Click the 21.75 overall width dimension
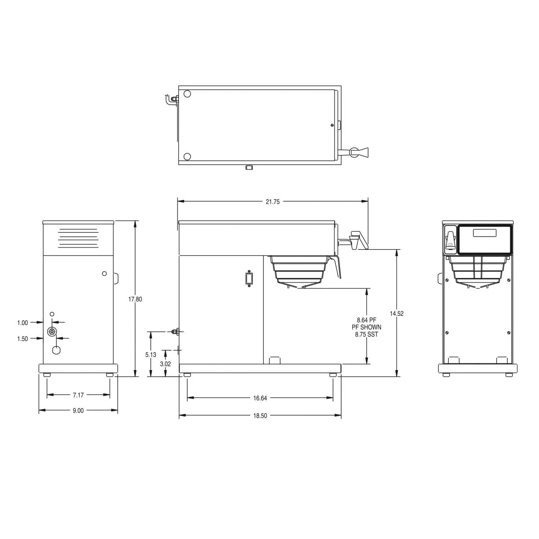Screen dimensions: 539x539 coord(273,202)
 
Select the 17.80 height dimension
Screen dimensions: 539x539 coord(135,299)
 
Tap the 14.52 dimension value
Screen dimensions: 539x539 coord(397,314)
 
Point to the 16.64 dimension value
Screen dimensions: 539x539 coord(260,398)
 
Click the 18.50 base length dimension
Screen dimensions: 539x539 coord(260,416)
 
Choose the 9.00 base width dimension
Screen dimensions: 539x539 coord(78,411)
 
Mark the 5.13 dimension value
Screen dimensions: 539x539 coord(151,354)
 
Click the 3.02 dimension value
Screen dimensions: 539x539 coord(166,364)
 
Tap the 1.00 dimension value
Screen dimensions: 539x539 coord(22,323)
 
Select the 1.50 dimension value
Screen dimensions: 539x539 coord(22,339)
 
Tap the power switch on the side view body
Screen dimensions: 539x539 coord(247,278)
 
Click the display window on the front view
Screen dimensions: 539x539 coord(484,233)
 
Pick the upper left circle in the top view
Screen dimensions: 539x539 coord(188,94)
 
